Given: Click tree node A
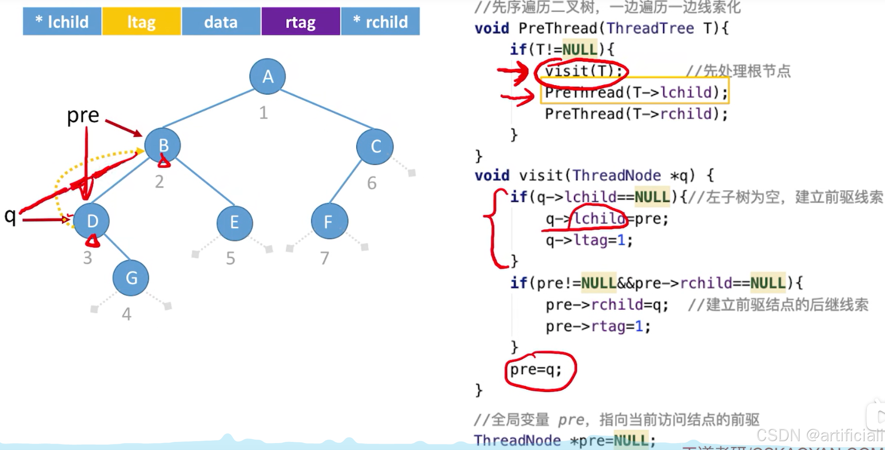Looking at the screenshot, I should click(268, 76).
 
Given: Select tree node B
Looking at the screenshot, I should click(163, 145).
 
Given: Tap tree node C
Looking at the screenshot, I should click(375, 147).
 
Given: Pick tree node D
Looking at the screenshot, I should click(92, 221).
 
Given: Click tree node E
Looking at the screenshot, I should click(234, 223).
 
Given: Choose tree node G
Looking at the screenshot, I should click(131, 278).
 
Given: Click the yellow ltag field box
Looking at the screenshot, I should click(142, 22).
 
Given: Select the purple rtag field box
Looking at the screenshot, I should click(301, 22).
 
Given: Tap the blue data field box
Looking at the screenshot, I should click(221, 22).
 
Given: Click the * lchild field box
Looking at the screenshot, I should click(62, 22).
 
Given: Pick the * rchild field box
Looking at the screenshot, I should click(381, 22).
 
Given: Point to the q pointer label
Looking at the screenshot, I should click(10, 216).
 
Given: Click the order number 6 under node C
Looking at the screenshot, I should click(372, 183).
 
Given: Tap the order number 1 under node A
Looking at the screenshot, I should click(263, 113).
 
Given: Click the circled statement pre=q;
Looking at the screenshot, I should click(536, 370).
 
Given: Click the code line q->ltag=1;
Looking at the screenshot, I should click(589, 241).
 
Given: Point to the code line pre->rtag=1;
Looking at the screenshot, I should click(598, 327).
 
